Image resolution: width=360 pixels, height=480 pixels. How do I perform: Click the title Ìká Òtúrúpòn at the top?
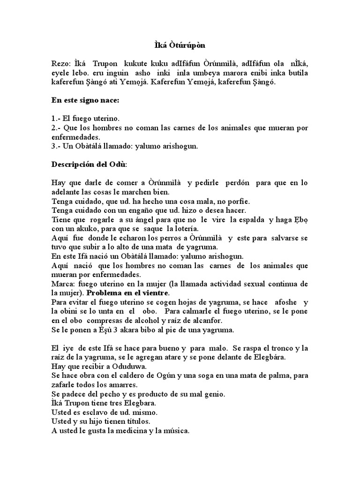pyautogui.click(x=180, y=46)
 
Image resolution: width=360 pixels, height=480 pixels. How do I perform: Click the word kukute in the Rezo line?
pyautogui.click(x=135, y=64)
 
